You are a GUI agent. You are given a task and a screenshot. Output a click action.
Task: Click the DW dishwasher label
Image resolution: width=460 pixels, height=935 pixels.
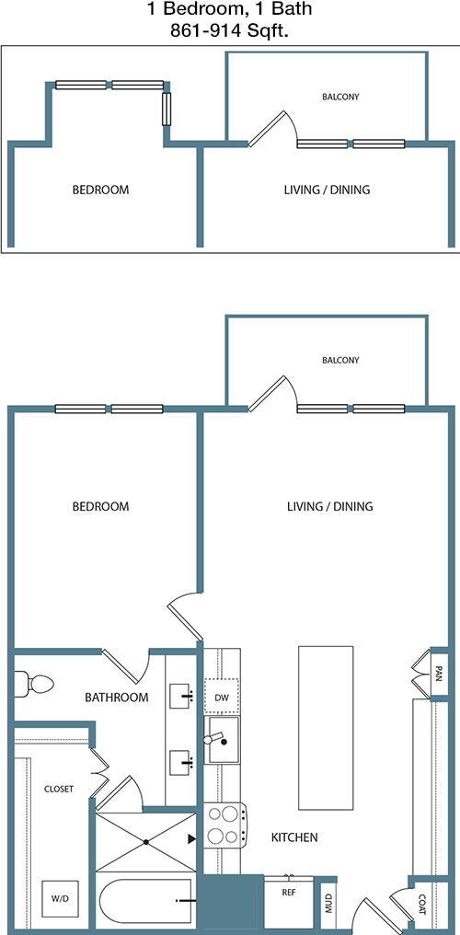click(222, 697)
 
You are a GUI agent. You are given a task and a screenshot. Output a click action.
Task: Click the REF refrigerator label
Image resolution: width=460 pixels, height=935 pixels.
click(289, 893)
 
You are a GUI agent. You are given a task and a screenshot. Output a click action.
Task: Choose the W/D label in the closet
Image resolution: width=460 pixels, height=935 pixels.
click(59, 897)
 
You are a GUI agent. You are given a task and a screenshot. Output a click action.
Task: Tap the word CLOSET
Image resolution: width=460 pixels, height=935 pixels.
click(59, 789)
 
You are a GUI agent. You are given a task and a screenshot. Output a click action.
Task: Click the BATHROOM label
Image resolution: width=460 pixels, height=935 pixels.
click(116, 697)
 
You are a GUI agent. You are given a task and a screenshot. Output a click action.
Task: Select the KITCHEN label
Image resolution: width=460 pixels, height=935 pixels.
click(294, 837)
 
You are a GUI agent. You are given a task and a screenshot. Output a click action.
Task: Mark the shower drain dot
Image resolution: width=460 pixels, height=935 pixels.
click(146, 842)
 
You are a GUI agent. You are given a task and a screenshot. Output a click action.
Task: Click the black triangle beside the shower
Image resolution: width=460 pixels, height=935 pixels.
click(192, 839)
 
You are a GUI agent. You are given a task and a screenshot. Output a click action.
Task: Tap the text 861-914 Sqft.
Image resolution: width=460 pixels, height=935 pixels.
click(229, 31)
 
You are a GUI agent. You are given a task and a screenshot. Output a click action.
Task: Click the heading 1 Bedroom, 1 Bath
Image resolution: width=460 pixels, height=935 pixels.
click(229, 9)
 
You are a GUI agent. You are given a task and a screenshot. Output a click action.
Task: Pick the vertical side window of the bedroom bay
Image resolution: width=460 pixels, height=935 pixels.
click(167, 109)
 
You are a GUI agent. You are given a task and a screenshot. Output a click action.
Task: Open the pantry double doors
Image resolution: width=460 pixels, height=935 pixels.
click(420, 674)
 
